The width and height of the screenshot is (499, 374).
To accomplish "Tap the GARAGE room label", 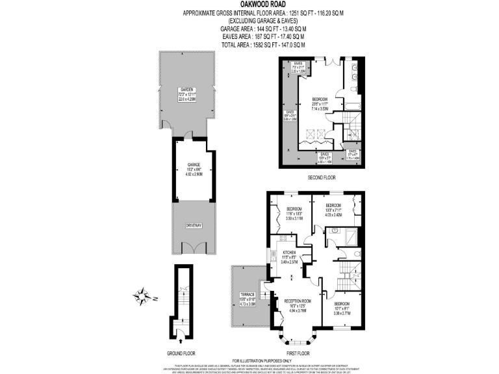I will tap(193, 165).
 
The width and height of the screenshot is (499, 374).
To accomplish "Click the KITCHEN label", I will tap(289, 251).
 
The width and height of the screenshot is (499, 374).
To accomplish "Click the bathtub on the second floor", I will tap(352, 103).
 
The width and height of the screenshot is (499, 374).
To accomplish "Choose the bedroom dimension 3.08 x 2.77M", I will tap(342, 313).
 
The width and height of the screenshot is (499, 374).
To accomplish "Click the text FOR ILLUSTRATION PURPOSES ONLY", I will tap(262, 360).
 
